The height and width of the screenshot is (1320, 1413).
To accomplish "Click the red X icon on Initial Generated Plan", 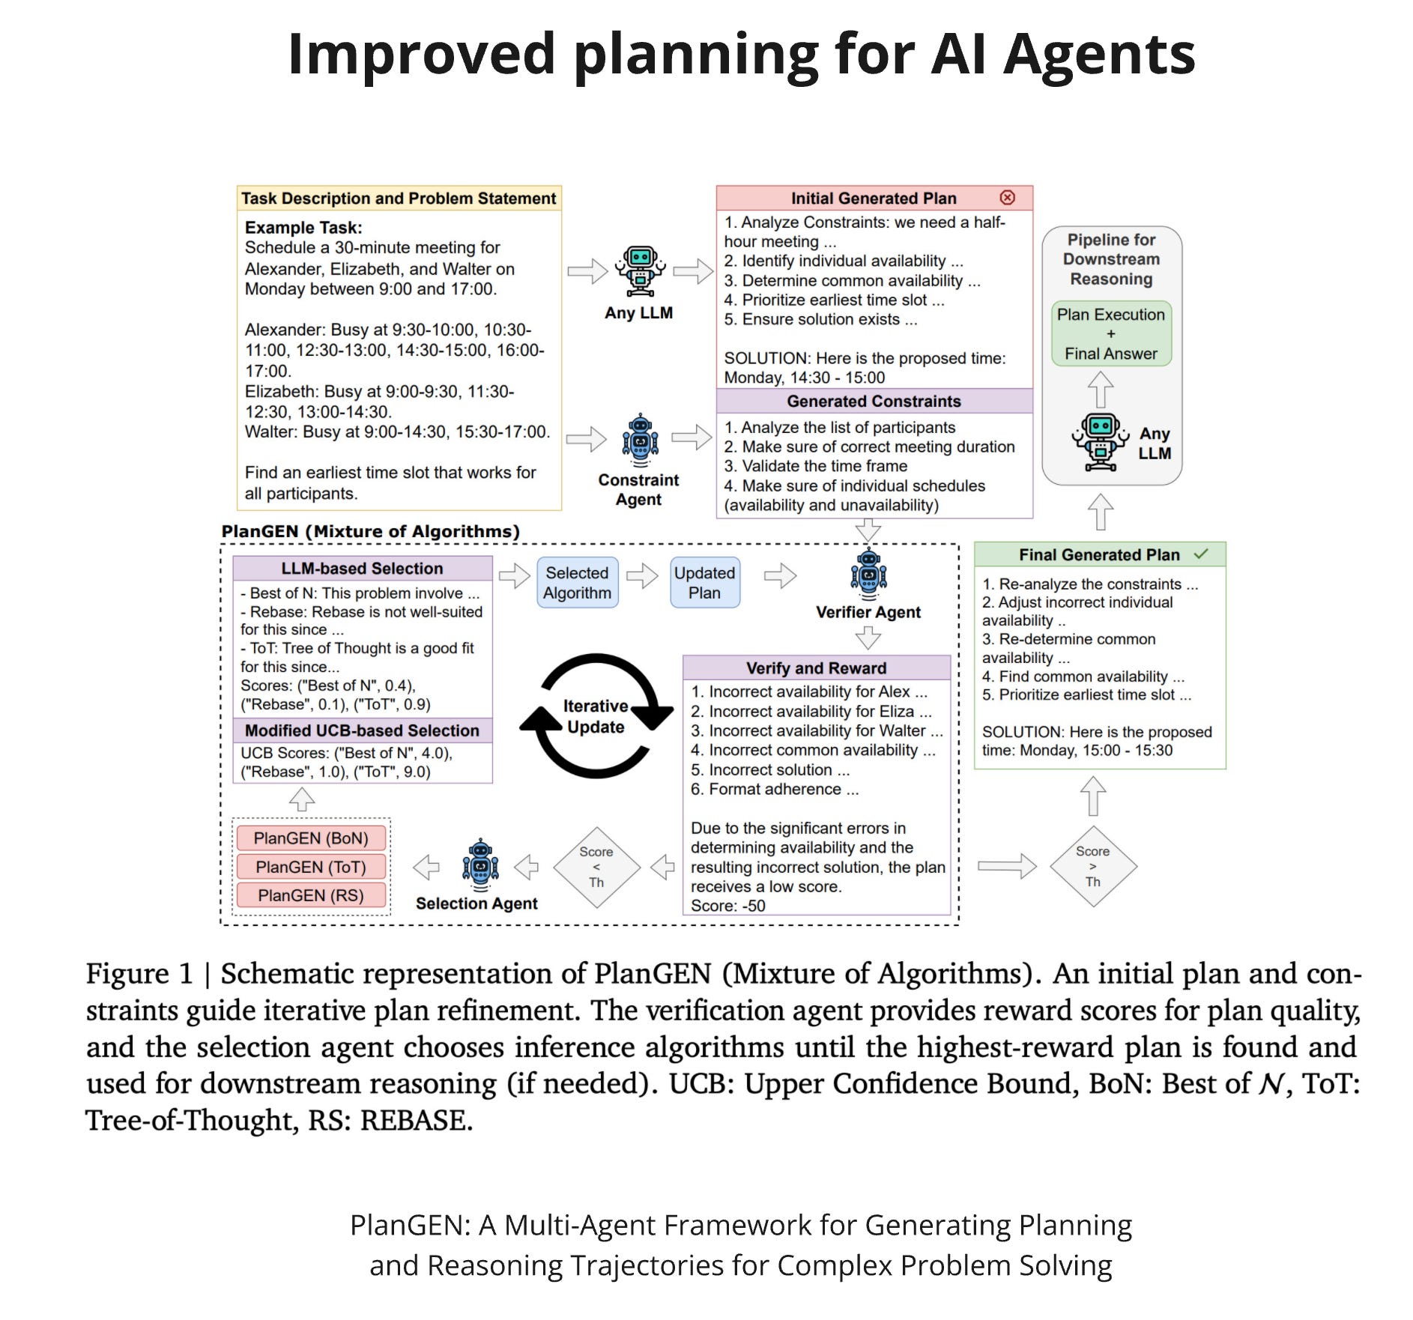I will tap(1007, 198).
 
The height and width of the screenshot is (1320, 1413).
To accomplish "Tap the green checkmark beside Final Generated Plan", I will tap(1201, 554).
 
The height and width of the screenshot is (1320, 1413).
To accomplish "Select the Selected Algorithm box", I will tap(577, 583).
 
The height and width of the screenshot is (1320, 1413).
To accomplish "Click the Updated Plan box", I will tap(704, 583).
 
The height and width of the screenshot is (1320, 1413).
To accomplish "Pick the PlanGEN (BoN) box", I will tap(311, 838).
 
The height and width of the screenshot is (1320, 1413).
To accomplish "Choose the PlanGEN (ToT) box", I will tap(311, 867).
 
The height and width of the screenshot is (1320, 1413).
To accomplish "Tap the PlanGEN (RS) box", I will tap(311, 895).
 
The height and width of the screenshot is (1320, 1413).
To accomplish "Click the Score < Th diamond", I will tap(596, 868).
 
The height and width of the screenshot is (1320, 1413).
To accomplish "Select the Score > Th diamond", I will tap(1093, 867).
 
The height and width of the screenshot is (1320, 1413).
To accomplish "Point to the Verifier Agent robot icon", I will tap(868, 575).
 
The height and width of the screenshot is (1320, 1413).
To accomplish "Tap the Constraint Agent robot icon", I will tap(640, 439).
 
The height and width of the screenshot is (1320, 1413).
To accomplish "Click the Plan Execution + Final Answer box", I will tap(1111, 334).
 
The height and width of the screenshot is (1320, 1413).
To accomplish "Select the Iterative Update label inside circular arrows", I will tap(596, 716).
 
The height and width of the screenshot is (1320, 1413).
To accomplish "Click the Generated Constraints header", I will tap(874, 402).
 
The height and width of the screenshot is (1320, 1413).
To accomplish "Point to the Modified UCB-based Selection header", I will tap(362, 730).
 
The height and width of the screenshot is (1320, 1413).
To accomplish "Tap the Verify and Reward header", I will tap(816, 668).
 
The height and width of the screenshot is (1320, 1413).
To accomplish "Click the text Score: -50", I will tap(728, 906).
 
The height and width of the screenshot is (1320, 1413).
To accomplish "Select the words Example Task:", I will tap(303, 228).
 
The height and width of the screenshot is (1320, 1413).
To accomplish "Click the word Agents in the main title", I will tap(1099, 54).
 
